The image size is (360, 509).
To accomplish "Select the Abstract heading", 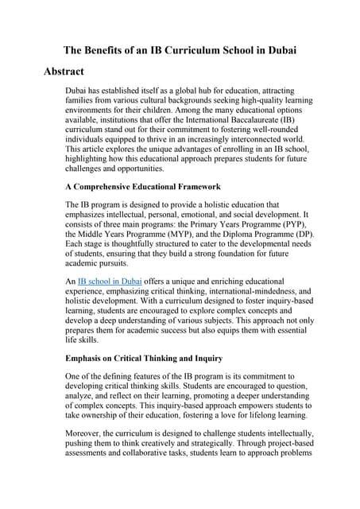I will [x=64, y=72].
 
